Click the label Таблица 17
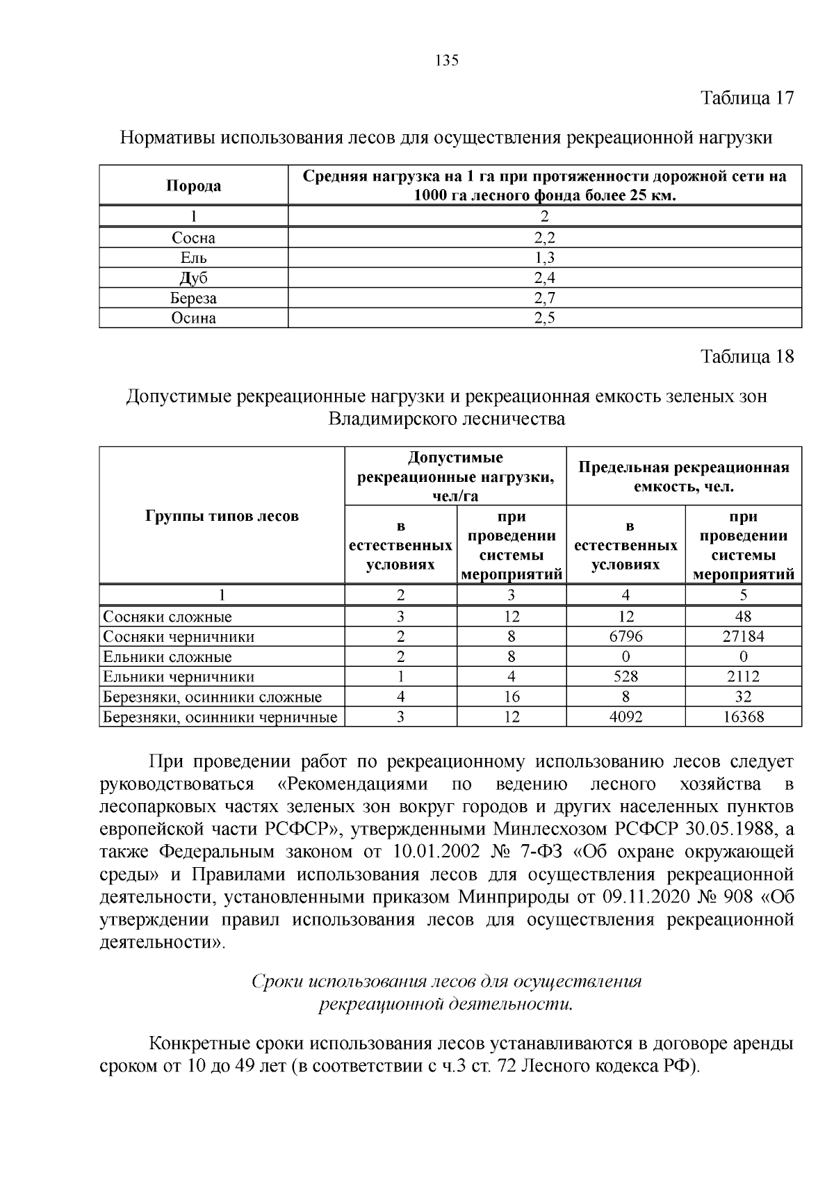tap(746, 97)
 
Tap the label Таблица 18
tap(746, 357)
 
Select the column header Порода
tap(193, 186)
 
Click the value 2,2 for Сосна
tap(544, 238)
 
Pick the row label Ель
tap(193, 258)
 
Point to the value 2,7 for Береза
tap(544, 298)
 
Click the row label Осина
tap(193, 318)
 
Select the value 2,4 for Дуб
tap(544, 278)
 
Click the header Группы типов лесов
tap(222, 516)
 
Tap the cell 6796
tap(625, 636)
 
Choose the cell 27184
tap(743, 636)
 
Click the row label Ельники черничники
tap(179, 677)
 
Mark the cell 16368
tap(743, 717)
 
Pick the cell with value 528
tap(625, 677)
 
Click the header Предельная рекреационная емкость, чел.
tap(684, 476)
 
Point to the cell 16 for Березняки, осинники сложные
tap(512, 697)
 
